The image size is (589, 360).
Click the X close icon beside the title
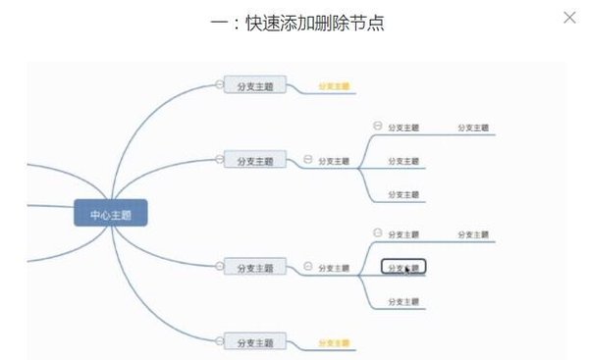point(569,18)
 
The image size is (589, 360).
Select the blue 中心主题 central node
point(111,214)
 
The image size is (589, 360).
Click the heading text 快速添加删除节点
point(312,23)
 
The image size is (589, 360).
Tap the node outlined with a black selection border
point(403,267)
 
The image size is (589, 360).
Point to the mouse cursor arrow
point(406,270)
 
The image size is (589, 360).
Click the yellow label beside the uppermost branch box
point(335,86)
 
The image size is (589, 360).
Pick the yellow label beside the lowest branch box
point(335,343)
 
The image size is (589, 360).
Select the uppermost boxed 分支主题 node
point(255,86)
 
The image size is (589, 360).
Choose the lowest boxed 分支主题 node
point(255,342)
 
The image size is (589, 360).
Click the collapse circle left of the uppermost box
point(220,85)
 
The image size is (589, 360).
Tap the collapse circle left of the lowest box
point(220,341)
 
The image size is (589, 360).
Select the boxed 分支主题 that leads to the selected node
point(255,267)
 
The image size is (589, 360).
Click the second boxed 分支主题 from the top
point(255,160)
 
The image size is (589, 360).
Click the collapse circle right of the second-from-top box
point(308,159)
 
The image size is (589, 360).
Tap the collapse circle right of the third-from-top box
point(308,266)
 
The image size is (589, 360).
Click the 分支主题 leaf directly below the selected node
point(403,301)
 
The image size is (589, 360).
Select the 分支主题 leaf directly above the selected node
point(403,235)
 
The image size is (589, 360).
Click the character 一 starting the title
point(219,23)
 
